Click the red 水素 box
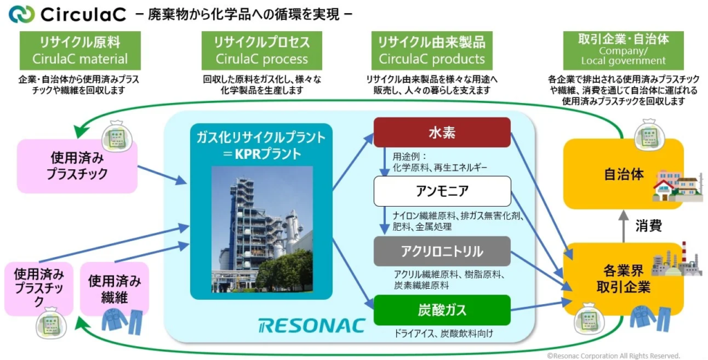[442, 131]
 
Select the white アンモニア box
[442, 191]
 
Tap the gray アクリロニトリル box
[442, 250]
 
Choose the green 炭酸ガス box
[442, 310]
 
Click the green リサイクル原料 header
[80, 50]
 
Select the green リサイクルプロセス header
[261, 50]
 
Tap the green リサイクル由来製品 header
[432, 50]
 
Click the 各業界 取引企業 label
[608, 279]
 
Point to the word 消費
[649, 225]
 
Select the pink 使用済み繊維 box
[115, 289]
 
